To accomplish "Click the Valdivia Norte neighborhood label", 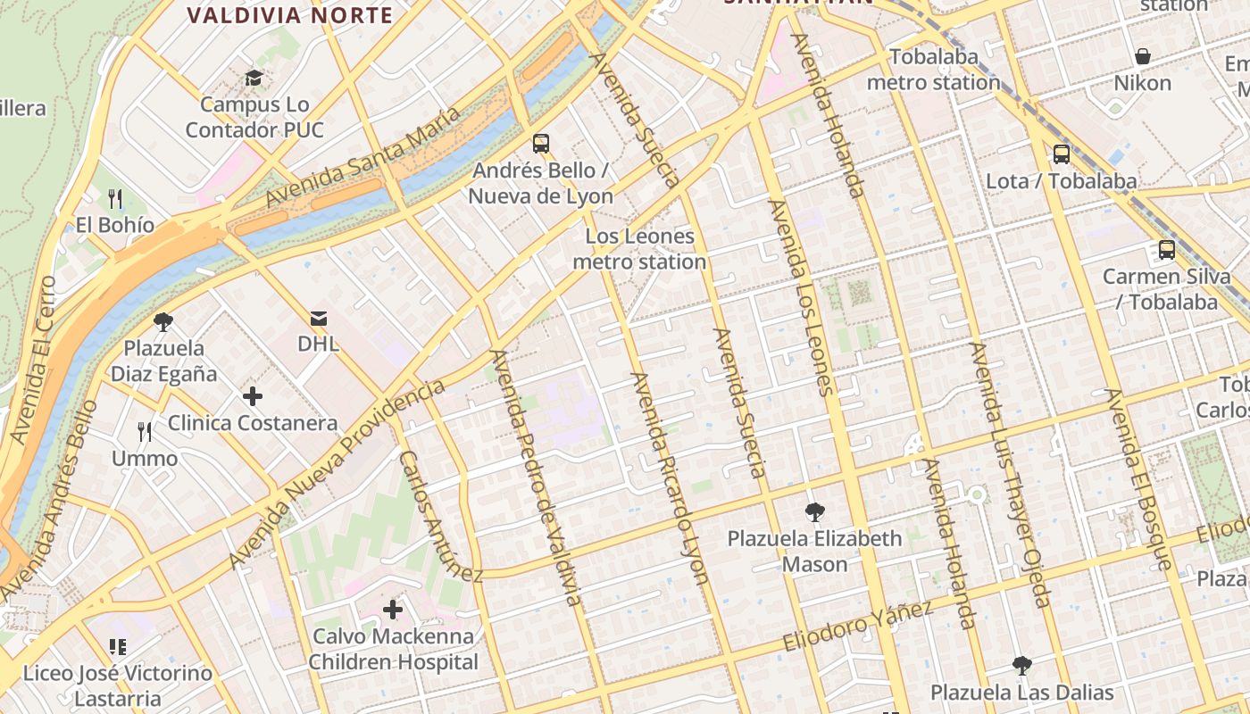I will pos(291,15).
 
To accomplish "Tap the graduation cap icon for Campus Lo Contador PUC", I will pos(254,78).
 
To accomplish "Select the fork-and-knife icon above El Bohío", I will pos(114,198).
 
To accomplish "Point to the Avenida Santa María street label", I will pos(363,156).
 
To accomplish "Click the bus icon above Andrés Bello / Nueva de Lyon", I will pos(540,143).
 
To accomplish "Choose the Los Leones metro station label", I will pos(639,249).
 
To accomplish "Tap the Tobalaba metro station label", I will pos(933,70).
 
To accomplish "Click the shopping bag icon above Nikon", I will pos(1142,57).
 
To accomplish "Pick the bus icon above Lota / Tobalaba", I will pos(1061,154).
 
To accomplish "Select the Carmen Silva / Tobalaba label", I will pos(1166,289).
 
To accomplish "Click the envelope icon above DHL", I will pos(318,319).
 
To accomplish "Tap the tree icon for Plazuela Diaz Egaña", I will pos(162,321).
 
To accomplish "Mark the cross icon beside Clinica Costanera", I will pos(253,395).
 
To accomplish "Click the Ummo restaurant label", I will pos(145,459).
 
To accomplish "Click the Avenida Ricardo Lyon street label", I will pos(670,478).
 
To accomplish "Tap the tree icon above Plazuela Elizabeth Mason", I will pos(813,512).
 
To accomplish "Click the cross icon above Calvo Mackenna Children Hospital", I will pos(393,610).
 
